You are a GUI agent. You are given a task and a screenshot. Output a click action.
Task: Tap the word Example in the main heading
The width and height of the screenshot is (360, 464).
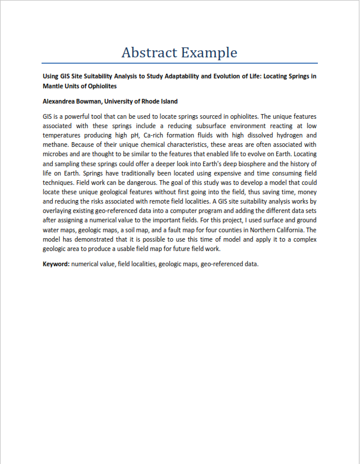[x=209, y=53]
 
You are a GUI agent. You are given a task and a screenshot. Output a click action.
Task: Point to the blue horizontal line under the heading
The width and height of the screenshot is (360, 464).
[x=180, y=63]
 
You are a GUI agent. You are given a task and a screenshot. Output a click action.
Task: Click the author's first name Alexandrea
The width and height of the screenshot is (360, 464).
[x=61, y=101]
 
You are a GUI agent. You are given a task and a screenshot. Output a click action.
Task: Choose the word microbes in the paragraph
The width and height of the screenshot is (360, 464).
[x=57, y=154]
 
